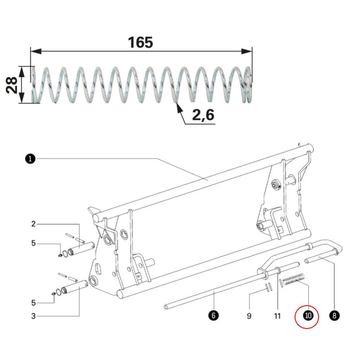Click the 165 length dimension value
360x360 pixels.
click(x=140, y=42)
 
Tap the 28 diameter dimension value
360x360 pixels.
click(x=12, y=85)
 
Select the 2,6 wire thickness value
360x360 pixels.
click(x=203, y=115)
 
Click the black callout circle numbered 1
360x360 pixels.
click(x=30, y=159)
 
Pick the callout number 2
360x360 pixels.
click(x=33, y=224)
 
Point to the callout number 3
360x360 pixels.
click(x=33, y=316)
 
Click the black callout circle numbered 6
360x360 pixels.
click(x=213, y=315)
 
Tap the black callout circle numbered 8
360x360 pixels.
click(x=334, y=315)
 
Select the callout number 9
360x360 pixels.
click(x=249, y=316)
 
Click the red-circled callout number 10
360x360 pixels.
click(x=308, y=315)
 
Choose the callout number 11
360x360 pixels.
click(x=277, y=316)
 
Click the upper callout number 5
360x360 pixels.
click(x=33, y=243)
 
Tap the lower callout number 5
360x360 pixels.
click(x=33, y=302)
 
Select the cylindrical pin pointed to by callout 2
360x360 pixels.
click(x=81, y=249)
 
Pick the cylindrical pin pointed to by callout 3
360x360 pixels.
click(x=75, y=287)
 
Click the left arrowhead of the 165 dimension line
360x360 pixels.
click(x=36, y=51)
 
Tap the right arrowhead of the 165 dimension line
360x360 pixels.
click(x=247, y=51)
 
